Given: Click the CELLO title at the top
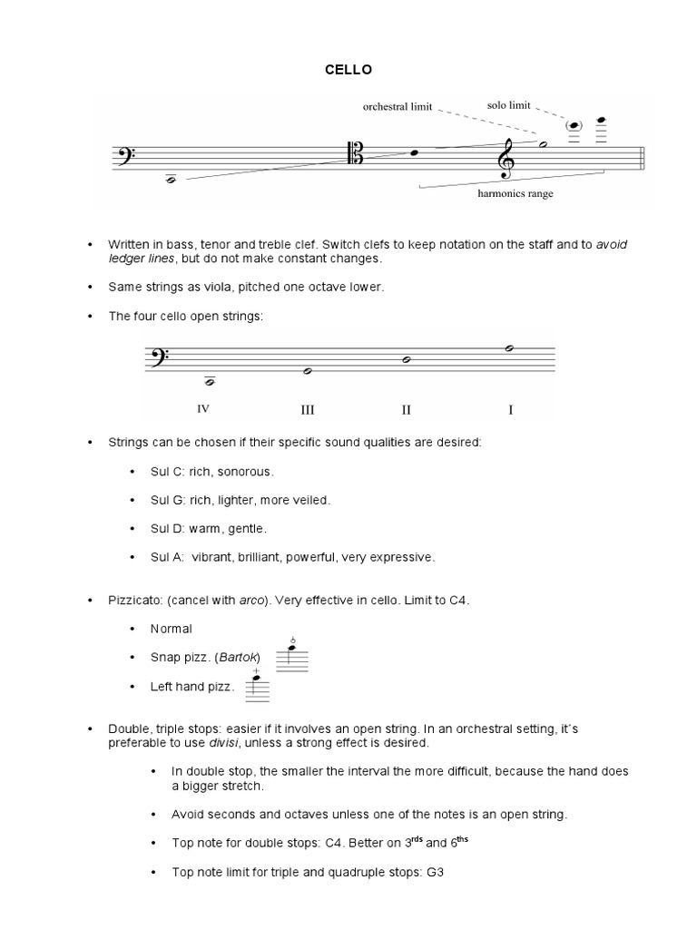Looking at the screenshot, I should [348, 70].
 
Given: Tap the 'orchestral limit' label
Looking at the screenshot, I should [398, 107].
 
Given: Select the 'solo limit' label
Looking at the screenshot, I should [508, 105].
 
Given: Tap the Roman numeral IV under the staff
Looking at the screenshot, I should [203, 408].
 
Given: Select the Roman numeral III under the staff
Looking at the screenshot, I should [308, 410].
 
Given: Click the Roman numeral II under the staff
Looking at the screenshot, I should [407, 410].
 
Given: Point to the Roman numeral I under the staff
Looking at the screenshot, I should [510, 410].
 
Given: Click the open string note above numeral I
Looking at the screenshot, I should [510, 348].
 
